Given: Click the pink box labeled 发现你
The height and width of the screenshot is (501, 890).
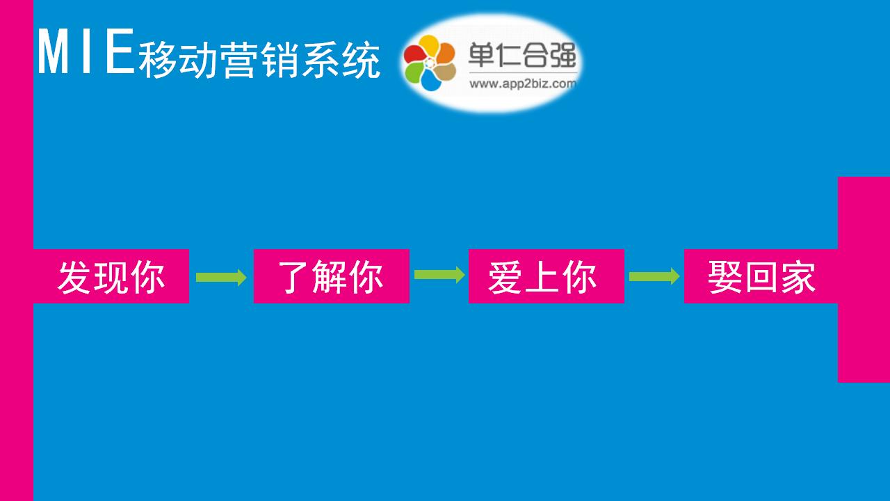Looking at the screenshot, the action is tap(111, 276).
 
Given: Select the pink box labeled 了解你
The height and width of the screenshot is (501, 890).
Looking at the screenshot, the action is tap(332, 276).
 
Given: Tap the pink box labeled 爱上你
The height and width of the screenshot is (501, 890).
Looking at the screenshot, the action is tap(547, 276).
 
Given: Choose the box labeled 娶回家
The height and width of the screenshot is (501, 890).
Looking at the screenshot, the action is tap(761, 276).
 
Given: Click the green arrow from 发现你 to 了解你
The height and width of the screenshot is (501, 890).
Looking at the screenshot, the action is tap(221, 277).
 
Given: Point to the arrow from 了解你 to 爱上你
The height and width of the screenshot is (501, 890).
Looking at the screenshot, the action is tap(439, 275).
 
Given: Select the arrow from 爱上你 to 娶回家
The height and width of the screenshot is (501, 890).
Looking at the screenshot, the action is tap(654, 276).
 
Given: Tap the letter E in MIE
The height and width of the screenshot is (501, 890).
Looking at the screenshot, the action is tap(120, 51).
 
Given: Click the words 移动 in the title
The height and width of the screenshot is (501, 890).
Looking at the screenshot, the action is tap(177, 60).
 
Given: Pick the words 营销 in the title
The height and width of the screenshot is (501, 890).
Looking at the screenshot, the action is tap(260, 60).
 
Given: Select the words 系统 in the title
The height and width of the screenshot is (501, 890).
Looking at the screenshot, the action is tap(341, 60).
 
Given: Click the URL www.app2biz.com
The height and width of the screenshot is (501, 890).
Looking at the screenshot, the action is tap(523, 84).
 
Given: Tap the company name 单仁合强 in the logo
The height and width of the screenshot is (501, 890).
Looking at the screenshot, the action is tap(522, 55).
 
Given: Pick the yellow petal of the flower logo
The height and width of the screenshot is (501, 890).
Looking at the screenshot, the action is tap(429, 45).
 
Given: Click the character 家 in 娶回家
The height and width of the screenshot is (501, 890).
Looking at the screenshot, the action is tap(799, 277).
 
